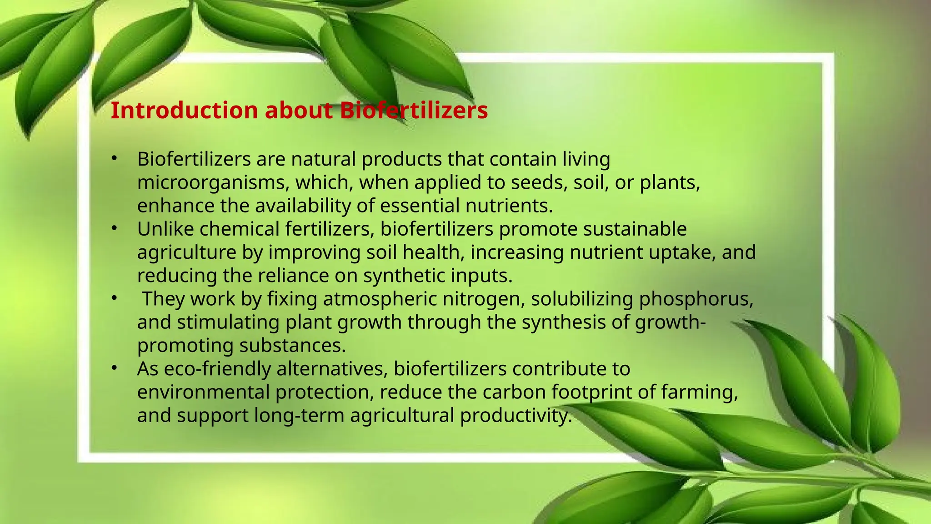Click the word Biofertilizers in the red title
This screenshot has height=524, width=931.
click(x=414, y=111)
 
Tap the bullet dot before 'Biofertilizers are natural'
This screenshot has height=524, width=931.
click(x=114, y=158)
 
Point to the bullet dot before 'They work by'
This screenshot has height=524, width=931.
click(x=114, y=298)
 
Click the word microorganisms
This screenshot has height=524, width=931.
click(x=213, y=183)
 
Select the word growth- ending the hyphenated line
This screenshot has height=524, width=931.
click(x=670, y=322)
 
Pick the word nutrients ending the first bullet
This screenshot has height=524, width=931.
click(x=509, y=206)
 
